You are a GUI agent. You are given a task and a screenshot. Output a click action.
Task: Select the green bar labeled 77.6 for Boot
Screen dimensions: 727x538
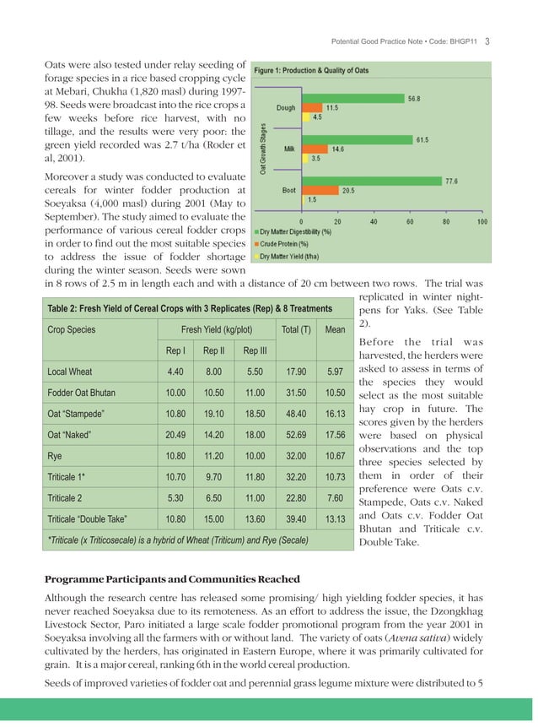click(x=373, y=180)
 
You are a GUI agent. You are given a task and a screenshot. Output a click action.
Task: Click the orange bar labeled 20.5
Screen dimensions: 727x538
click(x=320, y=190)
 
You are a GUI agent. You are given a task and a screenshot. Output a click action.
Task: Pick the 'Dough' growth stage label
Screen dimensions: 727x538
click(x=285, y=108)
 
